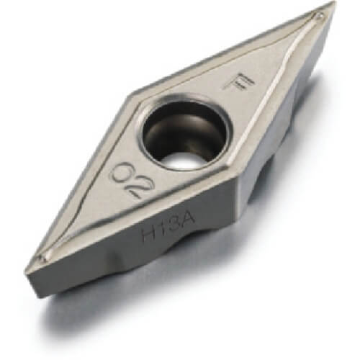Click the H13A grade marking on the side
(168, 227)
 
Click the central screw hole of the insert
(184, 134)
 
